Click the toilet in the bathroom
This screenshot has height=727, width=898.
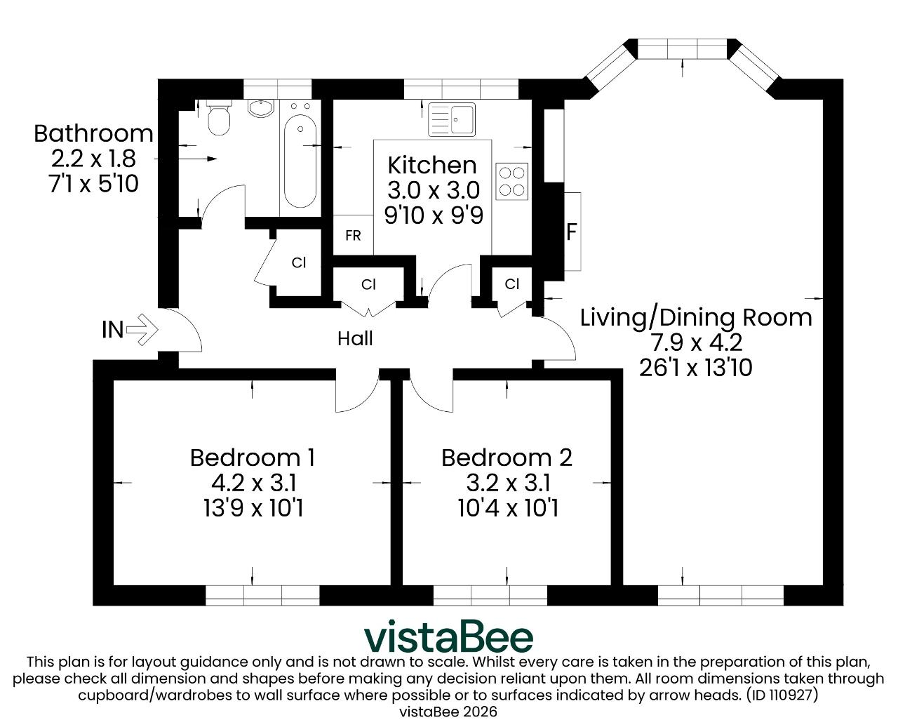pyautogui.click(x=219, y=118)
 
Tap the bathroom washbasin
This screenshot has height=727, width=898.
pyautogui.click(x=261, y=108)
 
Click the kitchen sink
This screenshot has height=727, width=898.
pyautogui.click(x=452, y=120)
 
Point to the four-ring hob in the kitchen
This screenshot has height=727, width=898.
pyautogui.click(x=512, y=181)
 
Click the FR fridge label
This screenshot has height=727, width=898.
pyautogui.click(x=354, y=235)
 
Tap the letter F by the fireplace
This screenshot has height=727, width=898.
pyautogui.click(x=571, y=232)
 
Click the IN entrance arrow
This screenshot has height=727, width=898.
pyautogui.click(x=142, y=330)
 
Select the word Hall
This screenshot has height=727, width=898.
pyautogui.click(x=355, y=339)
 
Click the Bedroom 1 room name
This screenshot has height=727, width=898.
pyautogui.click(x=253, y=458)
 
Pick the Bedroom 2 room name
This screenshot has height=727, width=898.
pyautogui.click(x=507, y=458)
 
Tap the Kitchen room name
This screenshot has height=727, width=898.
pyautogui.click(x=432, y=165)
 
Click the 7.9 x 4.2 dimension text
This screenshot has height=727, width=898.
pyautogui.click(x=697, y=342)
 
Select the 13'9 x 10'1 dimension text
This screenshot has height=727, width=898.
pyautogui.click(x=253, y=508)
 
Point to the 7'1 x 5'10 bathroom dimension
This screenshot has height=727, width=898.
pyautogui.click(x=93, y=184)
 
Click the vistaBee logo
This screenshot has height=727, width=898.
pyautogui.click(x=448, y=636)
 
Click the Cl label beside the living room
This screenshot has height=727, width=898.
pyautogui.click(x=512, y=284)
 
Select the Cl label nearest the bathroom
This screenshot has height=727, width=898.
pyautogui.click(x=298, y=262)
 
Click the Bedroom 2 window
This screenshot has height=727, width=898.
pyautogui.click(x=490, y=596)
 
